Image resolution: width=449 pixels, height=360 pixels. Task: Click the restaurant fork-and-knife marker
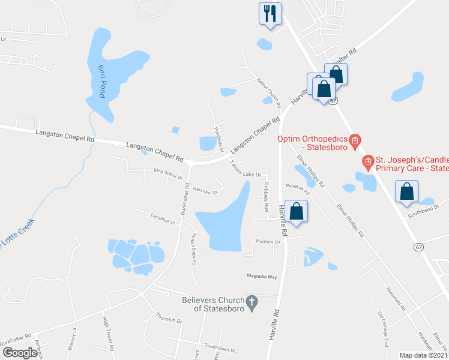click(x=270, y=13)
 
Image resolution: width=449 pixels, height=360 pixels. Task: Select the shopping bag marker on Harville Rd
click(x=296, y=211)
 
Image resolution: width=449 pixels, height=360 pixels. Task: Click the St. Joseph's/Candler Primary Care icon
click(x=368, y=161)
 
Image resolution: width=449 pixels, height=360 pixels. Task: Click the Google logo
click(x=20, y=353)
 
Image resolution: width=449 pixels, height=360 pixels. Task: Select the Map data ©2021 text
click(x=423, y=355)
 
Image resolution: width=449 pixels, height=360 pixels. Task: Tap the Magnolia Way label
click(x=262, y=277)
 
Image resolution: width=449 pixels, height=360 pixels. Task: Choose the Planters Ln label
click(x=268, y=242)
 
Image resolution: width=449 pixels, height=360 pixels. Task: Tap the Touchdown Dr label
click(x=220, y=348)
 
